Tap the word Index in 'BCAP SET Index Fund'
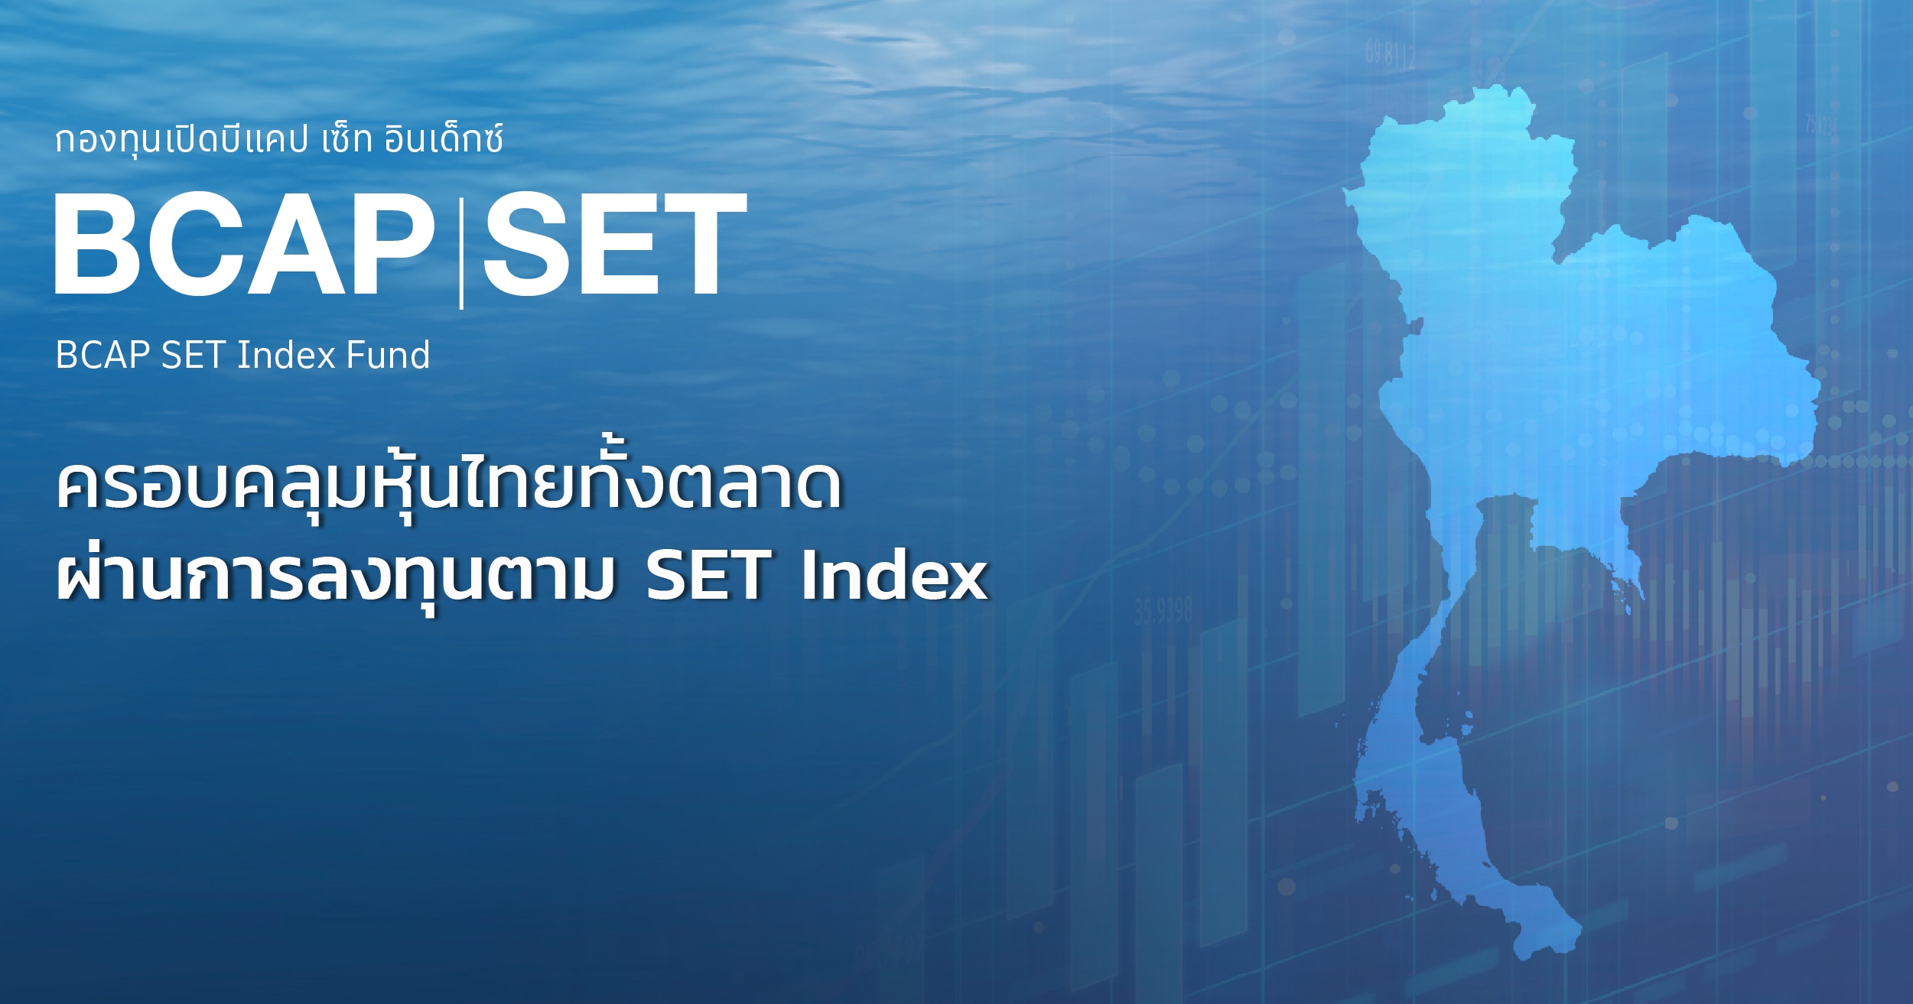287,356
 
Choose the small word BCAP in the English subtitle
102,356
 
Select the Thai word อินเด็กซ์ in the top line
444,139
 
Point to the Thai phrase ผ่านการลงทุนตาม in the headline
337,577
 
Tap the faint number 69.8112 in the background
1391,54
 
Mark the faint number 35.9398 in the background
1163,612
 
